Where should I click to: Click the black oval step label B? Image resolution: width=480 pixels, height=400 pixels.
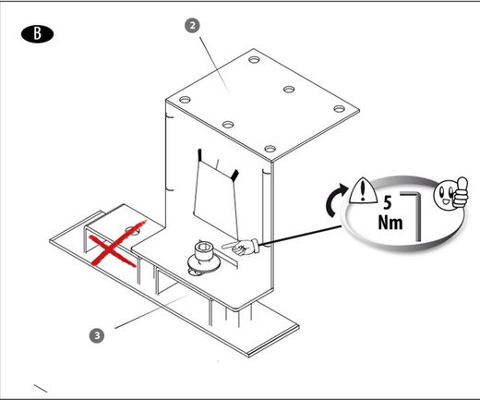coord(37,34)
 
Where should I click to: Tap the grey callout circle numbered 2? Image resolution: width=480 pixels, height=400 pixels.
coord(192,26)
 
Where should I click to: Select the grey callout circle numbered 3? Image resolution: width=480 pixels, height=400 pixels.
coord(97,335)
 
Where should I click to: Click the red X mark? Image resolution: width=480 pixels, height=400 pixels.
coord(116,243)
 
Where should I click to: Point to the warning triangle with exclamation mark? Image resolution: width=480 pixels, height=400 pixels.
coord(363,191)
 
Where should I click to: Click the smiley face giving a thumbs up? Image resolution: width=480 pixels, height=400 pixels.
coord(450,193)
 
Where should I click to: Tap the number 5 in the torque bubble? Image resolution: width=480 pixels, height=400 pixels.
coord(388,202)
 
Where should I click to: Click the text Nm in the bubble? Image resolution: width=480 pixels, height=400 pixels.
coord(390,223)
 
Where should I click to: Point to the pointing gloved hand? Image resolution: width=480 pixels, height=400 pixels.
coord(241,247)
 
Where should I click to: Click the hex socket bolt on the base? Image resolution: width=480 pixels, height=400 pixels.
coord(204,260)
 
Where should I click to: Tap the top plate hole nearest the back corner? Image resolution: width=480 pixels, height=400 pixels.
coord(254,59)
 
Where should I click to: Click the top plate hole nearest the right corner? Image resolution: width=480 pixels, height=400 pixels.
coord(339,109)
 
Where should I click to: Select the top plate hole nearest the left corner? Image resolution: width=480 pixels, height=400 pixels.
coord(185,100)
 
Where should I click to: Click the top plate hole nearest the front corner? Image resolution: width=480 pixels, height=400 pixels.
coord(270,149)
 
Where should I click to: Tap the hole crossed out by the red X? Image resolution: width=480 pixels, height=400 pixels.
coord(133,230)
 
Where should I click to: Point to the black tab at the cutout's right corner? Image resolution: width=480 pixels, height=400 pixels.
coord(234,175)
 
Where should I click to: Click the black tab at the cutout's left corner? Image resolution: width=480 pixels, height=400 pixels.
coord(199,154)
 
